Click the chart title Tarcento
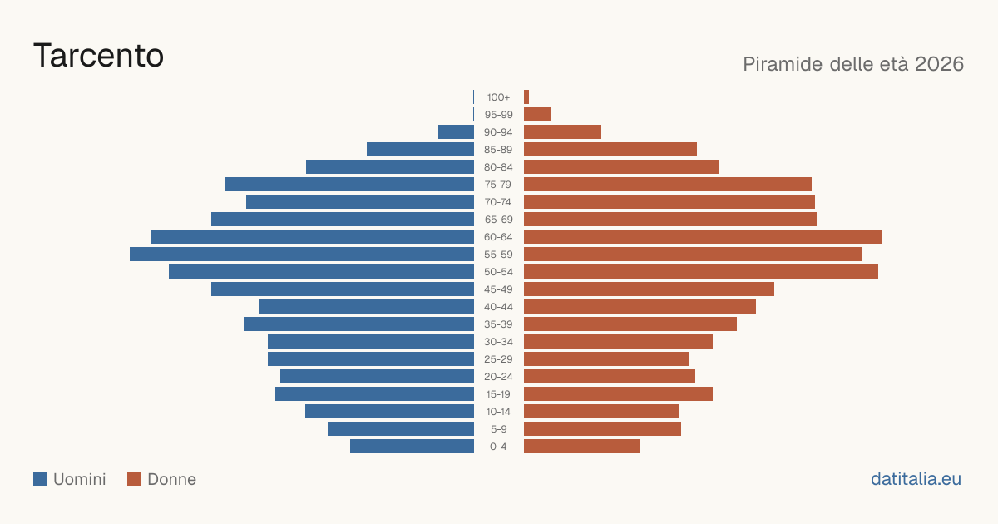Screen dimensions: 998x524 point(98,56)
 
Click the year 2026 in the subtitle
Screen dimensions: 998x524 point(939,64)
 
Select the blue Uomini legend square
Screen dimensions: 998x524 point(40,479)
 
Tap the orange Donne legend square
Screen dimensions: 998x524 point(134,479)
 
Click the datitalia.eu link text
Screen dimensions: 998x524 point(916,479)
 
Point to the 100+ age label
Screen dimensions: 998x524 point(498,97)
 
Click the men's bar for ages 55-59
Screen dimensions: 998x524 point(302,254)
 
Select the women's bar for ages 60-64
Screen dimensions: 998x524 point(703,236)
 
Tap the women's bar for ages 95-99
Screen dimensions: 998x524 point(538,115)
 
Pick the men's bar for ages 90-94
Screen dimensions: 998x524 point(457,132)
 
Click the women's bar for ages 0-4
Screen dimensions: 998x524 point(582,446)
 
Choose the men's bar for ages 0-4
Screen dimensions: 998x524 point(413,446)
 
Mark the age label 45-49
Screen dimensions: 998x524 point(498,289)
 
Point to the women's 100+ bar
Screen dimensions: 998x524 point(526,97)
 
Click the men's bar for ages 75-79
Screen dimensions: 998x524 point(349,184)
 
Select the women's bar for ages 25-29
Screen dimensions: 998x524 point(607,358)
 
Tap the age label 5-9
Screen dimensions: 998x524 point(498,428)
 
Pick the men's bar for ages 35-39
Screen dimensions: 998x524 point(358,324)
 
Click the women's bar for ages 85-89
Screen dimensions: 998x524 point(610,149)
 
